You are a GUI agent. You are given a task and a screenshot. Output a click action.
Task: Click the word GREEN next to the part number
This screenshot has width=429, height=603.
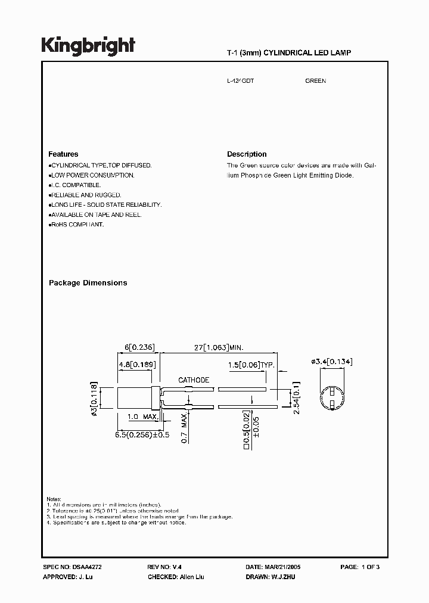point(315,80)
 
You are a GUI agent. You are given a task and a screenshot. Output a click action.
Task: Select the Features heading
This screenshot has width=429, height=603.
point(63,154)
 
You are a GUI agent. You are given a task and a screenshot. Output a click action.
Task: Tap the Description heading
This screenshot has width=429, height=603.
point(247,154)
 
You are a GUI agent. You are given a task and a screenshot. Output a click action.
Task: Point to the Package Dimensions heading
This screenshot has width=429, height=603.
point(88,283)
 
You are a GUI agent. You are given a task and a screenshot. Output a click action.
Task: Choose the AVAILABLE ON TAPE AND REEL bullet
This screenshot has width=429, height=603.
point(96,215)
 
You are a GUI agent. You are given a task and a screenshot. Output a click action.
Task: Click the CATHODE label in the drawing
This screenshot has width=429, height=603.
point(194,380)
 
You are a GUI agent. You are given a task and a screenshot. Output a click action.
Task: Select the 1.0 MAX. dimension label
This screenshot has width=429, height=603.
point(142,416)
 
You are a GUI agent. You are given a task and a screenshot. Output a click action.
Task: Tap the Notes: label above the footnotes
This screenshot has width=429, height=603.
point(54,498)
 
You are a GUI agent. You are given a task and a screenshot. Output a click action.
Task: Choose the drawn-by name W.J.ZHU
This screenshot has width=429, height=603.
point(284,577)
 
